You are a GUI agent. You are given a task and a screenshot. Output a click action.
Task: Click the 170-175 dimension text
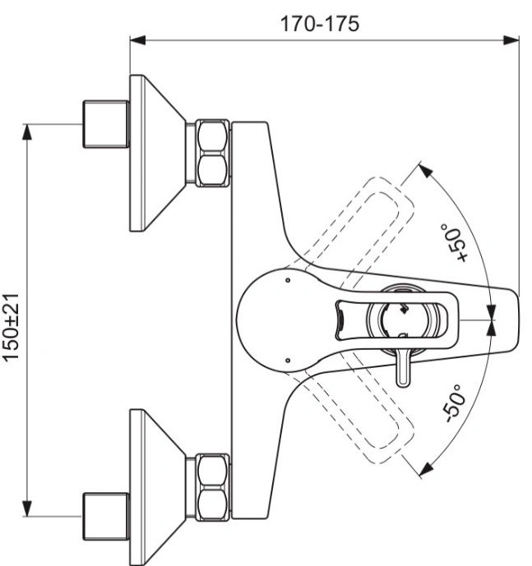click(320, 24)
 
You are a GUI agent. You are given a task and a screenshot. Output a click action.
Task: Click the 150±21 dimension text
click(11, 327)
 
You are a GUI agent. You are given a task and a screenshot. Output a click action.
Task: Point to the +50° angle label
click(455, 242)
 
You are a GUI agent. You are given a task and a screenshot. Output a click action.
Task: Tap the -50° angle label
click(454, 403)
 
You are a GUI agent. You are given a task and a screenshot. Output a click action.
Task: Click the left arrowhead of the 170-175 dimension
click(137, 40)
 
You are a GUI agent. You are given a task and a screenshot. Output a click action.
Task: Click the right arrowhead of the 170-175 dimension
click(511, 40)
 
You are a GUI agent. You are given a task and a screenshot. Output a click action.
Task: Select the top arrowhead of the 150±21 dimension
click(27, 131)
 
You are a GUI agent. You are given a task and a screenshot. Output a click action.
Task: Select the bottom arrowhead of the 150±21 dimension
click(27, 508)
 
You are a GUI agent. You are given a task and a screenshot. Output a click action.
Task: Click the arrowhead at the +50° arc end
click(426, 171)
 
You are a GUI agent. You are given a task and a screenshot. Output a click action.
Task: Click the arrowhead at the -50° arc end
click(427, 468)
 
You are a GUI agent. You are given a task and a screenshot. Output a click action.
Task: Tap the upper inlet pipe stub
click(106, 124)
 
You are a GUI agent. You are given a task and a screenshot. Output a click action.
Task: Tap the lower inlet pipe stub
click(106, 517)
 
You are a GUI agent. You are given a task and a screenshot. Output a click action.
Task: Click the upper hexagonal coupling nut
click(212, 153)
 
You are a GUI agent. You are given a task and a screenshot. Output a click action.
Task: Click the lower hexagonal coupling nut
click(212, 487)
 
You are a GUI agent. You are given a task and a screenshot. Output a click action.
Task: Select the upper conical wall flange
click(158, 153)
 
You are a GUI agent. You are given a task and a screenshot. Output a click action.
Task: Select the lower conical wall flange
click(158, 487)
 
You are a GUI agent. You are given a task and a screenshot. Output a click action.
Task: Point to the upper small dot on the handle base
click(288, 280)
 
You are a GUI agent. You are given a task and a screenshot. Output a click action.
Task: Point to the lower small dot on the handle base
click(288, 361)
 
